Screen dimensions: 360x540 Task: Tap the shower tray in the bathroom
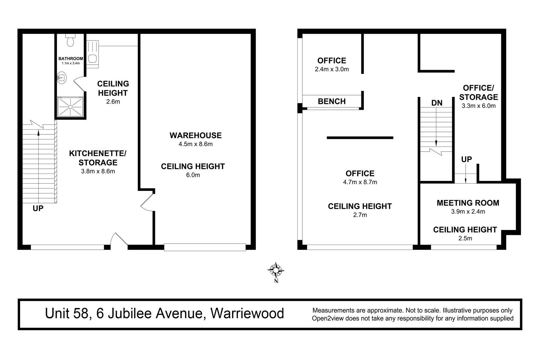coord(71,107)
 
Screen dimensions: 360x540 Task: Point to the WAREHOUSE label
coord(195,136)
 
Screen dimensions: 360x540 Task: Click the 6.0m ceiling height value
coord(193,175)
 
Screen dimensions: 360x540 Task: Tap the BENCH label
coord(332,101)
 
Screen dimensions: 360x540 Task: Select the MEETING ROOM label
coord(468,203)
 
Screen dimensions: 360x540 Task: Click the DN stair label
coord(437,103)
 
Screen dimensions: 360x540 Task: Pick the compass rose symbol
coord(276,270)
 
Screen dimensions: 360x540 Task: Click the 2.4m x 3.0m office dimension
coord(332,69)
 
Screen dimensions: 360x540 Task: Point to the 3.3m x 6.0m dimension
coord(478,106)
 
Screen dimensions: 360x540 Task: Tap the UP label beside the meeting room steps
coord(466,159)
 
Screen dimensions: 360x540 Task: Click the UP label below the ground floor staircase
coord(38,208)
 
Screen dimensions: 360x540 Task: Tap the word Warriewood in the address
coord(247,313)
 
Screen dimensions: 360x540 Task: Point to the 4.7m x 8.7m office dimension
coord(360,182)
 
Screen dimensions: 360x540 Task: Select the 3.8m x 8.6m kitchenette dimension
coord(98,171)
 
